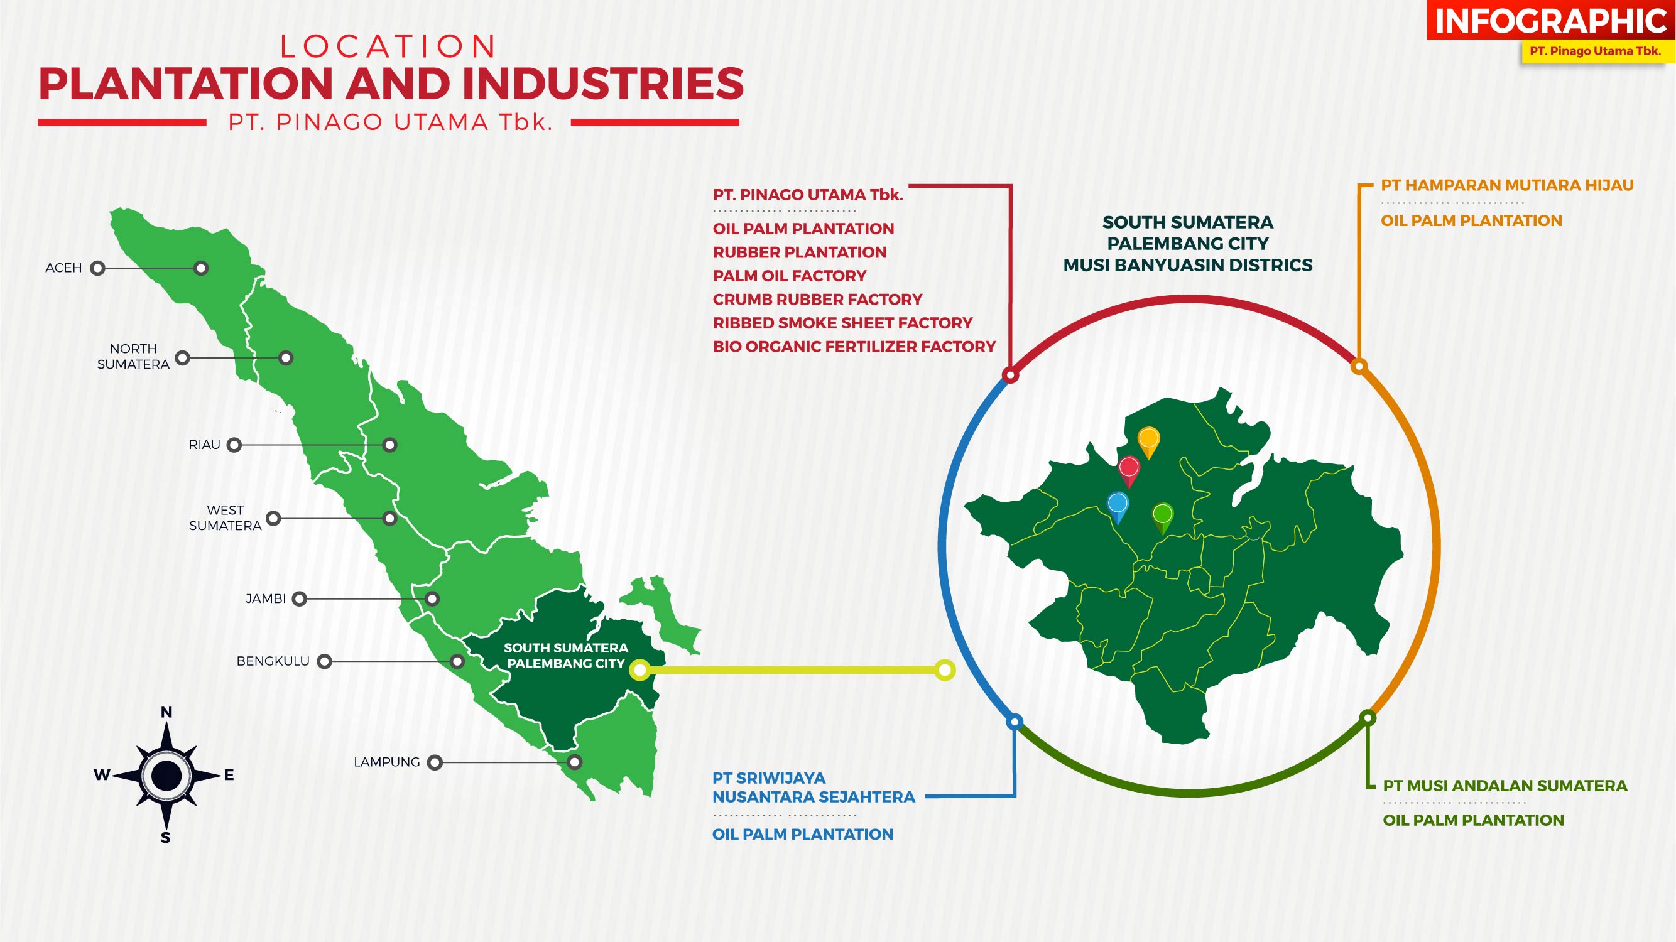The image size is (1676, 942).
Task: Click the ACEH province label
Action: tap(64, 268)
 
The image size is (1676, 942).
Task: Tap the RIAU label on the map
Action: tap(204, 445)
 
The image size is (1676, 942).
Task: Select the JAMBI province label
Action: tap(266, 598)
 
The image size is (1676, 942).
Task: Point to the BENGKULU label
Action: tap(273, 661)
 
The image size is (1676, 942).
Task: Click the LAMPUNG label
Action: tap(386, 762)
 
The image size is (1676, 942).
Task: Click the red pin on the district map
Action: tap(1129, 472)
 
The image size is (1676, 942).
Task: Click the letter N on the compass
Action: tap(166, 712)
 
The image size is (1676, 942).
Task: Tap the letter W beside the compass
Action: tap(102, 775)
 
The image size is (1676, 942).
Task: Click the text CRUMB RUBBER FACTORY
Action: tap(817, 300)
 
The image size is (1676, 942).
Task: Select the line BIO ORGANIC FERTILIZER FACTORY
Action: tap(854, 347)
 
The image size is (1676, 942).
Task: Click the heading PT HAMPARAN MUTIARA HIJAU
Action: tap(1507, 185)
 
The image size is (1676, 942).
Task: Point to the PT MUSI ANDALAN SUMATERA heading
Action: tap(1505, 786)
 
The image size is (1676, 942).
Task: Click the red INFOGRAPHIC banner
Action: tap(1551, 20)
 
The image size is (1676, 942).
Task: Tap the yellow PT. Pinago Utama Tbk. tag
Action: tap(1596, 51)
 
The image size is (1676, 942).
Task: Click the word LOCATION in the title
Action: tap(388, 47)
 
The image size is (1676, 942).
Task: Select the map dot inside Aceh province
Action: tap(201, 268)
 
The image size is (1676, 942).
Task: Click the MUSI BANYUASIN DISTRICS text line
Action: tap(1187, 266)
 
